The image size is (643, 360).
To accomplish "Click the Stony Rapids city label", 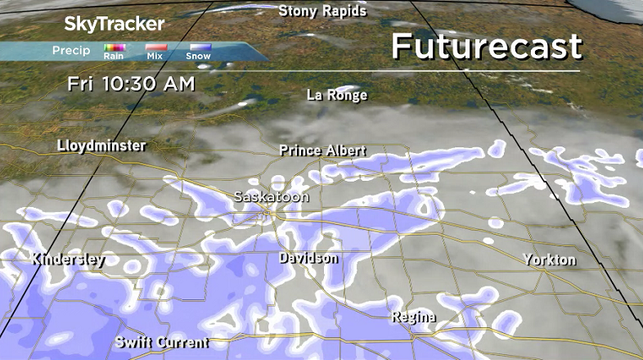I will coord(322,11).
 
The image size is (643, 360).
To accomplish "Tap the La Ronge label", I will coord(337,95).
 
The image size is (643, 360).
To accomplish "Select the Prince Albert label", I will coord(322,151).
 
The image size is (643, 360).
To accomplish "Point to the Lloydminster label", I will coord(102,146).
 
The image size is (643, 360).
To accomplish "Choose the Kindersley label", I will coord(69,259).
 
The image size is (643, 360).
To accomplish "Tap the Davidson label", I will coord(308,258).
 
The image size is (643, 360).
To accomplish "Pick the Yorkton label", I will coord(549,259).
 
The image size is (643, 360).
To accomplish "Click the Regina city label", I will coord(413,317).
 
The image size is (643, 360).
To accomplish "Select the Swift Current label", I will coord(162,342).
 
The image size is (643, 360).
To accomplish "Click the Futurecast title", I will coord(486,46).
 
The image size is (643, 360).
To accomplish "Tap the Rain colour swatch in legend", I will coord(114,48).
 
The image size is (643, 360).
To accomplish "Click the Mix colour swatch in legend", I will coord(155,48).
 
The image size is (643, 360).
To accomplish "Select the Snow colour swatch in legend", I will coord(199,48).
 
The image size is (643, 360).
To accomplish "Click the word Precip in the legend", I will coord(71,51).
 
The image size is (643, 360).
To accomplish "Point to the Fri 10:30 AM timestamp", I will coord(131,83).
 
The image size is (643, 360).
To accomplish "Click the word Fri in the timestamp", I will coord(79,83).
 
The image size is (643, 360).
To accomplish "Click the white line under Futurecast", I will coord(486,71).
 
